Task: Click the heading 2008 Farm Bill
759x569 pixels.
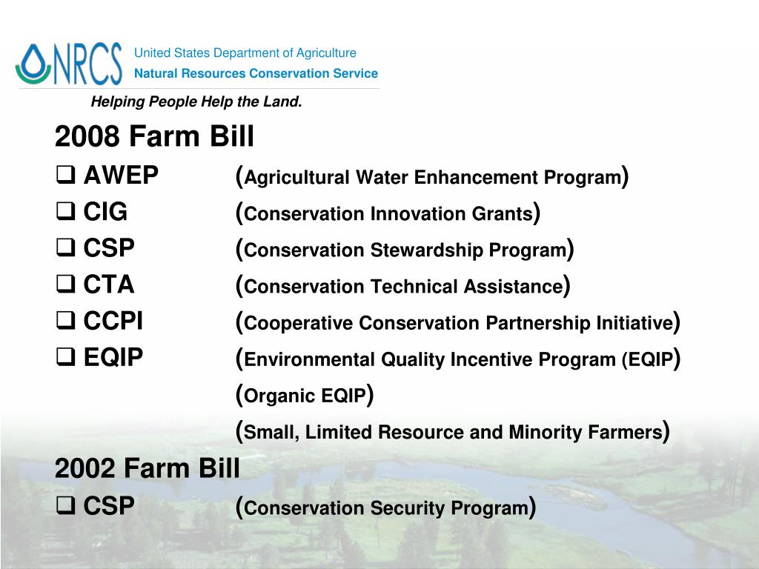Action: coord(154,136)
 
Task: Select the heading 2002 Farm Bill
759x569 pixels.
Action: coord(148,467)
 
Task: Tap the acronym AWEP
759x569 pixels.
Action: coord(121,176)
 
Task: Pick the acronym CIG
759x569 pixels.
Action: coord(105,213)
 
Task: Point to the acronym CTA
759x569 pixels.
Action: coord(109,285)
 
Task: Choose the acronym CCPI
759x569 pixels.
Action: coord(113,322)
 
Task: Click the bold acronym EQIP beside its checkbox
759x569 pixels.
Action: coord(113,358)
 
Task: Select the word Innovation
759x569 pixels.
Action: coord(420,214)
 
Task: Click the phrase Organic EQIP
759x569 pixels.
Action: coord(305,396)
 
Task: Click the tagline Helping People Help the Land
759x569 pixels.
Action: coord(196,102)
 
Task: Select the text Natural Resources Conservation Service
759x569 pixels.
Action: coord(256,73)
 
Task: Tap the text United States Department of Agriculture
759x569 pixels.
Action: coord(245,53)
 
